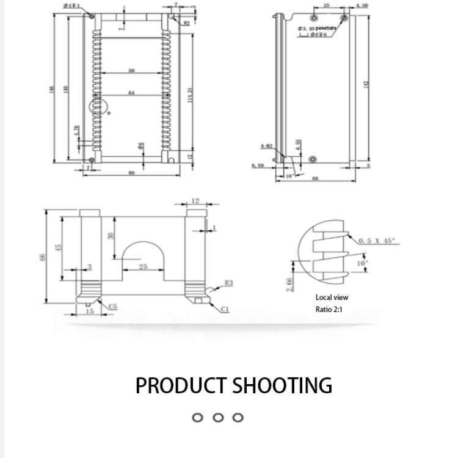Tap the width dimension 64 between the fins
click(131, 93)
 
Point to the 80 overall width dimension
click(131, 173)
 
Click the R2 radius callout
click(186, 22)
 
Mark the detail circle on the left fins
click(100, 107)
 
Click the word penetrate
click(326, 28)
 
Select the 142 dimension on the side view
click(366, 85)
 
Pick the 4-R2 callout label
click(266, 146)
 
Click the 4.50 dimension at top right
click(362, 5)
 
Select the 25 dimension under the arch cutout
click(143, 266)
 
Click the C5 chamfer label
click(114, 305)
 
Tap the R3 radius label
click(228, 282)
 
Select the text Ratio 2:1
click(330, 309)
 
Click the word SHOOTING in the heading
click(283, 385)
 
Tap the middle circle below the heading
click(217, 418)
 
